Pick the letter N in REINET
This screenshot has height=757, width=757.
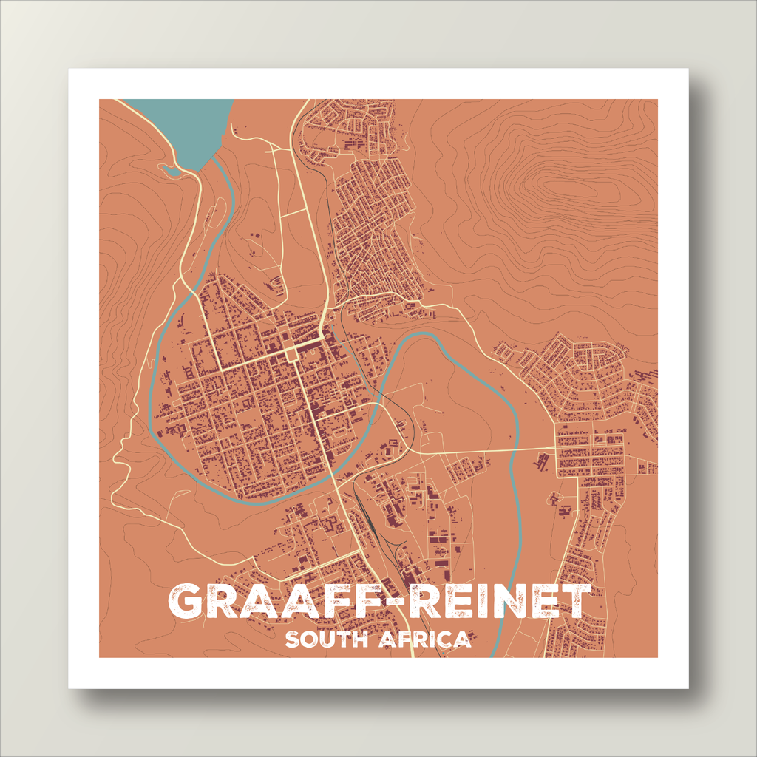pos(506,602)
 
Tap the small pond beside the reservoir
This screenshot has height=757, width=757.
pos(171,172)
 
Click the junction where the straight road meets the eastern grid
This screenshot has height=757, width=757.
pos(556,448)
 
